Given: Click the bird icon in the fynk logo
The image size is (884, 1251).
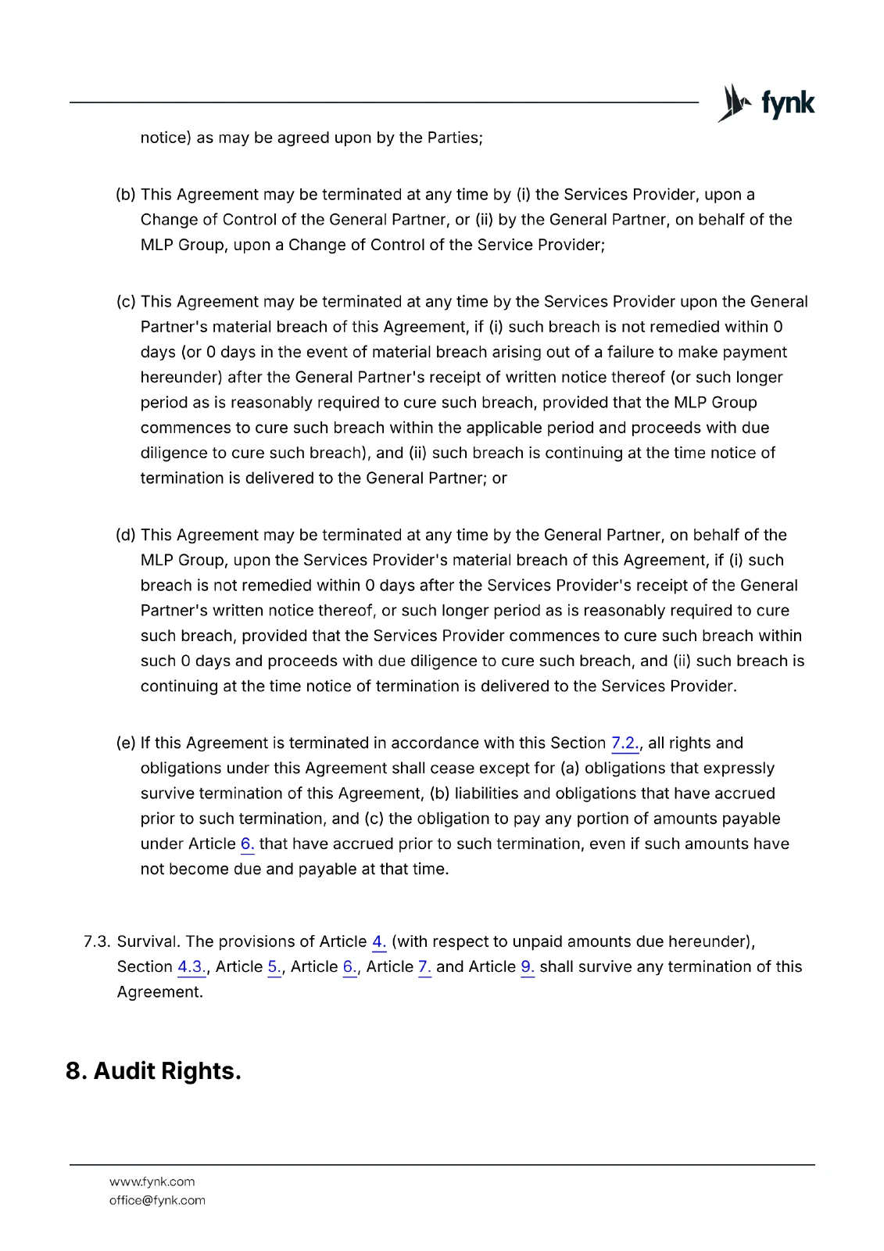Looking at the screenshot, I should tap(734, 102).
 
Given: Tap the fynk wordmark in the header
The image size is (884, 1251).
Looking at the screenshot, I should tap(788, 103).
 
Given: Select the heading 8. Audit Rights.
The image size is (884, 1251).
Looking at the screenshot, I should tap(153, 1070).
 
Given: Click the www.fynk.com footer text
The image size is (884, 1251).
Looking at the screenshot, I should tap(152, 1181).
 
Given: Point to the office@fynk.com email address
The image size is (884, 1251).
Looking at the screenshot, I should tap(157, 1200).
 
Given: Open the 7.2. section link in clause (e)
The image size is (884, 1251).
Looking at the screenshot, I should tap(625, 743).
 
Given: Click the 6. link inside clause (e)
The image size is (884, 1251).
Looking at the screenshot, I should tap(247, 844).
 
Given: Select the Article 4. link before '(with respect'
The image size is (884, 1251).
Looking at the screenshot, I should tap(379, 941).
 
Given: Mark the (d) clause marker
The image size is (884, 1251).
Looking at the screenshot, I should tap(126, 535).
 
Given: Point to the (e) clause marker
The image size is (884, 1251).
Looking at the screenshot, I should tap(126, 743).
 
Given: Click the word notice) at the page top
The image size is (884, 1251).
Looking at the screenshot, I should tap(166, 138).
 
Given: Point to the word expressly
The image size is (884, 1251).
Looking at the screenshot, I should tap(735, 769).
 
